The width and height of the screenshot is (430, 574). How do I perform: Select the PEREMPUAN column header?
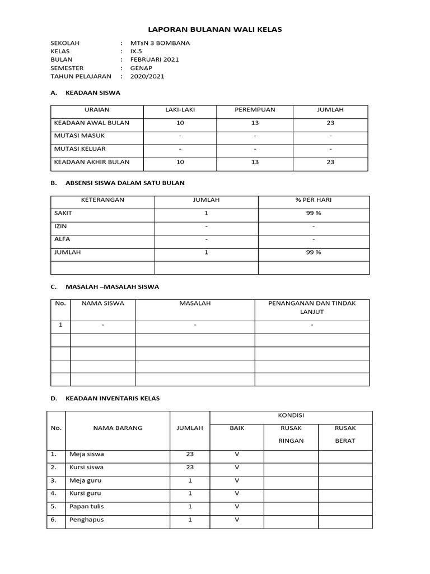[x=255, y=110]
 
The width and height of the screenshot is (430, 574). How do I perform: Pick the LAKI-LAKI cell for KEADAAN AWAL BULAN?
[x=180, y=123]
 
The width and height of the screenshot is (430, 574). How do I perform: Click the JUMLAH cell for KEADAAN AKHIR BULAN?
[x=330, y=162]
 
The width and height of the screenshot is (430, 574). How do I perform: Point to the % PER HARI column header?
[x=314, y=200]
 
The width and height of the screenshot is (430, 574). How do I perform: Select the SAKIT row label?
[x=63, y=213]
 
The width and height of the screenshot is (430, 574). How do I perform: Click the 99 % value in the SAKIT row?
[x=314, y=214]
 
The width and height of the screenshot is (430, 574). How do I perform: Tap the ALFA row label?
[x=62, y=239]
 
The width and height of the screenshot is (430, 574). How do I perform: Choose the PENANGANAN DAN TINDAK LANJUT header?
[x=312, y=307]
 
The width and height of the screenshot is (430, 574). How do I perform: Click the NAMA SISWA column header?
[x=103, y=303]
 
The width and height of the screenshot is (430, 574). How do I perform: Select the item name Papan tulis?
[x=86, y=506]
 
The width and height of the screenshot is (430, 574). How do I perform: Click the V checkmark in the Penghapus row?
[x=237, y=520]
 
